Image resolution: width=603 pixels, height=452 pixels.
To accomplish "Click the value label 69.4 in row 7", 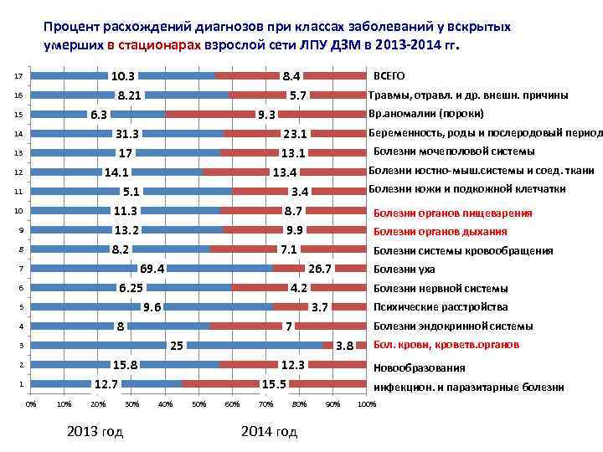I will coord(152,269).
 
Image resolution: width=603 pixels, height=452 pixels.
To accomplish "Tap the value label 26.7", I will coord(321,269).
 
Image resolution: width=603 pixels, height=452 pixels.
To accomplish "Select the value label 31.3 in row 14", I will coord(126,134).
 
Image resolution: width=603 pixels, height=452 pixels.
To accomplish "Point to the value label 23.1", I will coord(296,134).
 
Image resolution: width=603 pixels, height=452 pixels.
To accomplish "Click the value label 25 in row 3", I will coord(177,346).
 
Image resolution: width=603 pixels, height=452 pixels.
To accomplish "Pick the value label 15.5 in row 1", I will coord(274,384).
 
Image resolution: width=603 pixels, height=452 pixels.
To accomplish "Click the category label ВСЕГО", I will coord(389,75).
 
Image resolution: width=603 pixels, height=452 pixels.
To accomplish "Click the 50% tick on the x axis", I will coord(198,405).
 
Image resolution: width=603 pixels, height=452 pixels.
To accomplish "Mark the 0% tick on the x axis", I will coord(31,405).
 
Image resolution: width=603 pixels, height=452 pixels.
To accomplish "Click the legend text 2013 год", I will coord(95,432).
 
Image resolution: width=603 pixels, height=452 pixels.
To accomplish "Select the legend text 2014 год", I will coord(269,432).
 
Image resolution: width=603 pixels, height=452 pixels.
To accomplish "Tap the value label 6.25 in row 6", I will coord(130,288).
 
